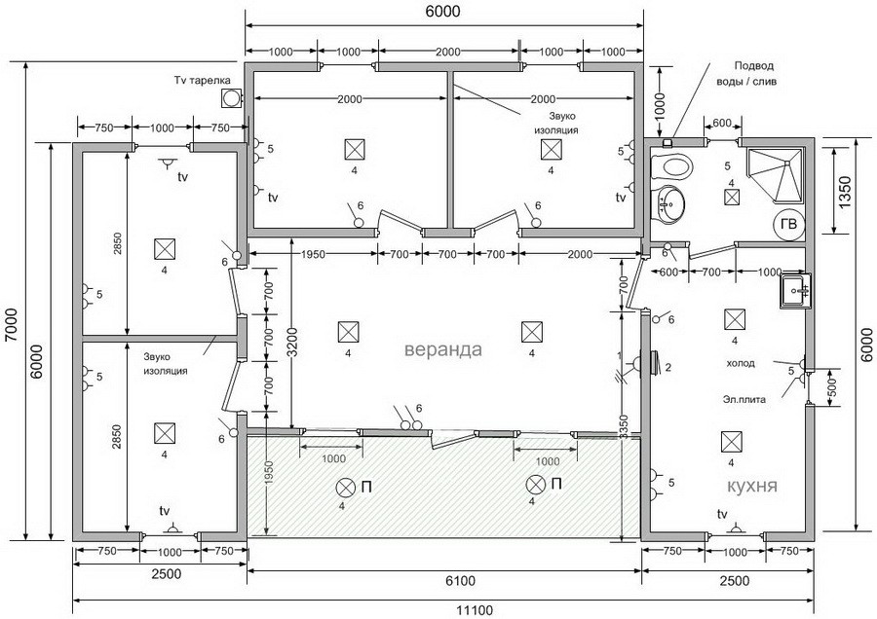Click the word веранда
(x=442, y=349)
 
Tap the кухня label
(x=751, y=485)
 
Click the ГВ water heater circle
(x=788, y=224)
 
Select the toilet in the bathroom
(x=671, y=166)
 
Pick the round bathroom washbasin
(x=667, y=204)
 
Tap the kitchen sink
(x=795, y=290)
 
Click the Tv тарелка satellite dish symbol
(x=230, y=98)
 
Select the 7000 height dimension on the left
(x=12, y=325)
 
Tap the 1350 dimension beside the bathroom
(x=845, y=192)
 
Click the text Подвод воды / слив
(x=746, y=73)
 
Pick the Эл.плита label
(x=744, y=399)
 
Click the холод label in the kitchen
(x=740, y=363)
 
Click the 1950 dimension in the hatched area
(x=269, y=475)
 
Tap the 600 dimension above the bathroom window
(x=721, y=123)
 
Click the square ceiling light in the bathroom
(x=732, y=198)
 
